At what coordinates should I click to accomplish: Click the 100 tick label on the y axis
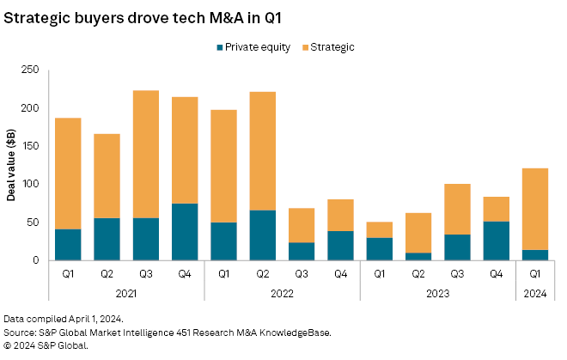pyautogui.click(x=32, y=184)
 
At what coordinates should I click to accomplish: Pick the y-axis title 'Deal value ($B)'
pyautogui.click(x=13, y=165)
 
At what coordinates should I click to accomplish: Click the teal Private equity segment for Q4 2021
pyautogui.click(x=184, y=232)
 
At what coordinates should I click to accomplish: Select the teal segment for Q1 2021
pyautogui.click(x=68, y=244)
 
